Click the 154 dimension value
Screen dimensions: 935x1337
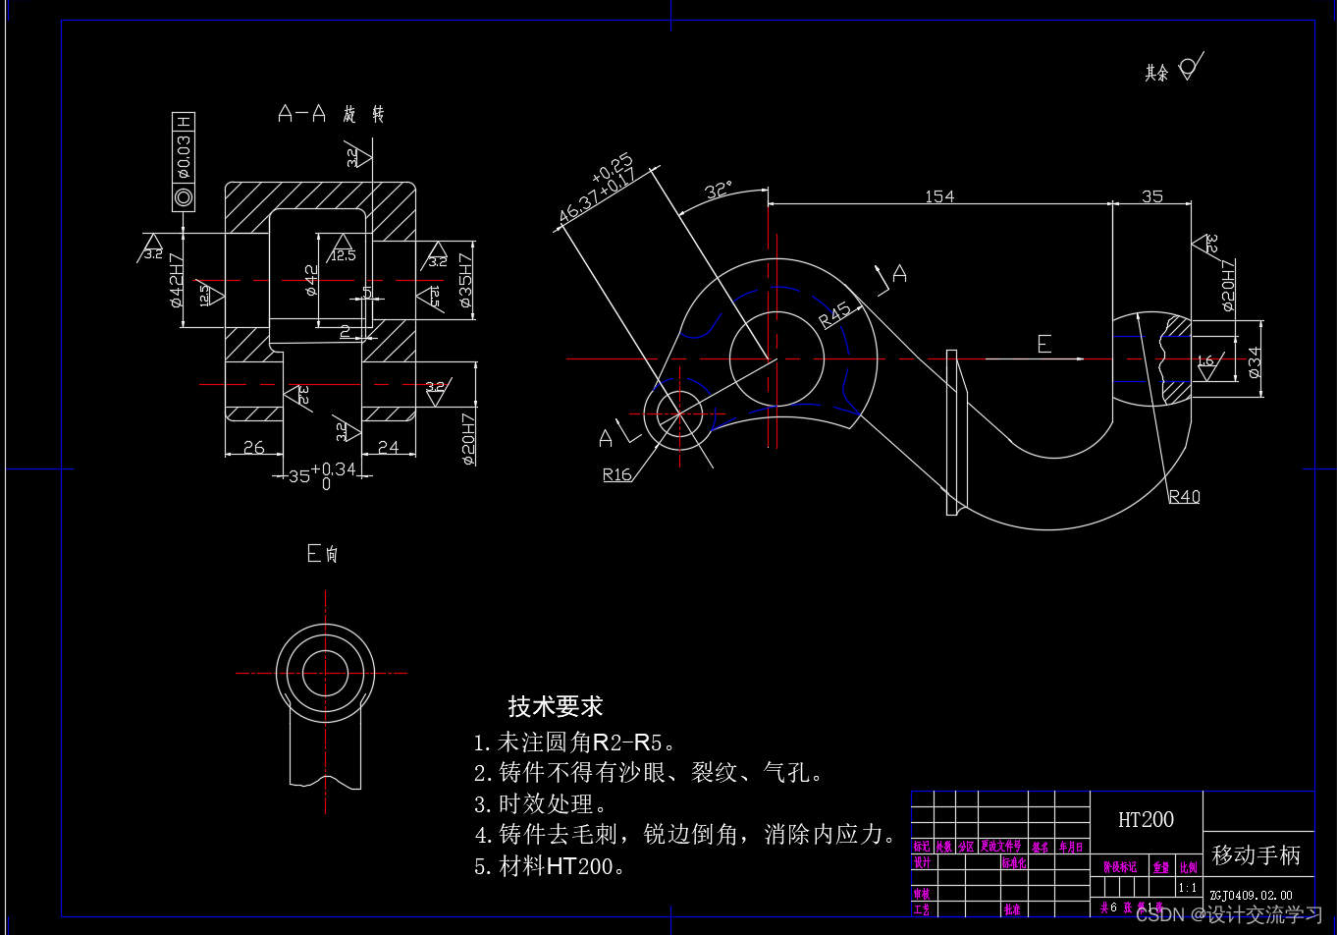[x=938, y=196]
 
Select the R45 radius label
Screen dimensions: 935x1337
[x=834, y=314]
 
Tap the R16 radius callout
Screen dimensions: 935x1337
[x=616, y=475]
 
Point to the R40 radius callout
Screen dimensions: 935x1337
[x=1184, y=497]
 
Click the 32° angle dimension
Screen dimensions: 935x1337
[x=720, y=190]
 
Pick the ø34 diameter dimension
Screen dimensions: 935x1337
[x=1254, y=362]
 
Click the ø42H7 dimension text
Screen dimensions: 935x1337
[x=177, y=281]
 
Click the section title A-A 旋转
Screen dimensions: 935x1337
[x=331, y=115]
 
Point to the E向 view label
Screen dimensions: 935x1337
[x=322, y=554]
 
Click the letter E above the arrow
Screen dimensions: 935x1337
[x=1043, y=344]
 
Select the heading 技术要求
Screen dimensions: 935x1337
[x=555, y=706]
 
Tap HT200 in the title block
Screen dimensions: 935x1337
[x=1146, y=819]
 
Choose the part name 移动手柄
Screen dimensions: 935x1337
[x=1256, y=855]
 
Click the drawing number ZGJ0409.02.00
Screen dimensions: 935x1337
[x=1251, y=896]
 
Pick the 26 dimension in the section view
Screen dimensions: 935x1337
[x=253, y=448]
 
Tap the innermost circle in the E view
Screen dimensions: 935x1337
[x=325, y=674]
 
